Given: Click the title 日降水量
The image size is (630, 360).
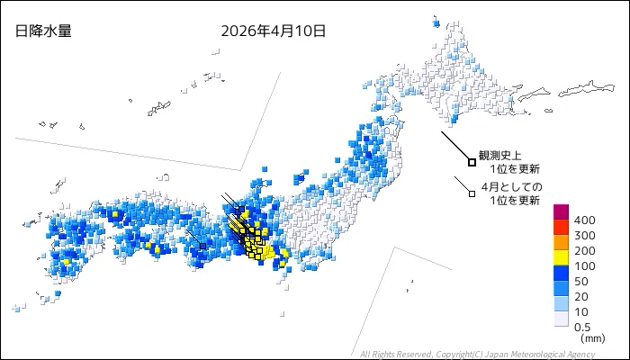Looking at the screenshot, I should tap(43, 31).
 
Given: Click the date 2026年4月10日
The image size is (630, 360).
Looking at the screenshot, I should tap(273, 31).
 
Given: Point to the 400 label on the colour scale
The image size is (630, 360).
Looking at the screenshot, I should tap(584, 220).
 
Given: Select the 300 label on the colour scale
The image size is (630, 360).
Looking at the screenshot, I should tap(584, 236).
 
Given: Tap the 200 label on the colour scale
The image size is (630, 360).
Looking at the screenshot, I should tap(584, 251).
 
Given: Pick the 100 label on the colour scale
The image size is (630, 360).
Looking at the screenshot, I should tap(584, 266).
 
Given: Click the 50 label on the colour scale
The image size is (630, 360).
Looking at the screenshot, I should tap(581, 282).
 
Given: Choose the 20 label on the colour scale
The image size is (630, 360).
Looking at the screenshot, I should tap(581, 297).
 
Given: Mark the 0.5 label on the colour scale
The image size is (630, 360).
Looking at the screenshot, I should tap(583, 328).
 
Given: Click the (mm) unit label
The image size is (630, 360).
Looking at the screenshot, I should tap(592, 339).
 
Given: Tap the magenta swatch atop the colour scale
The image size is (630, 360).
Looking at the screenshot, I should tap(561, 212).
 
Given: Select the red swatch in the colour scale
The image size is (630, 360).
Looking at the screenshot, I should tap(561, 228).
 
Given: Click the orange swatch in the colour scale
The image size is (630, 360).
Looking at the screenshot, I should tap(561, 243).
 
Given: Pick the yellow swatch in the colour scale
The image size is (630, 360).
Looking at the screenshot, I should tap(561, 258).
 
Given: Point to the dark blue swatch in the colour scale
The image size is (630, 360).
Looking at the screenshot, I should tap(561, 274).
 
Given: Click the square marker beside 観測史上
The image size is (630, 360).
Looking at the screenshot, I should tap(472, 162).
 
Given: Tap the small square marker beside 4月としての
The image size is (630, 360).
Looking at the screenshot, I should tap(472, 192).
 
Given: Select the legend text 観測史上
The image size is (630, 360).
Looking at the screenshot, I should tap(500, 156).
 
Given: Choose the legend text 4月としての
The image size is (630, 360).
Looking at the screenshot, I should tap(511, 186).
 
